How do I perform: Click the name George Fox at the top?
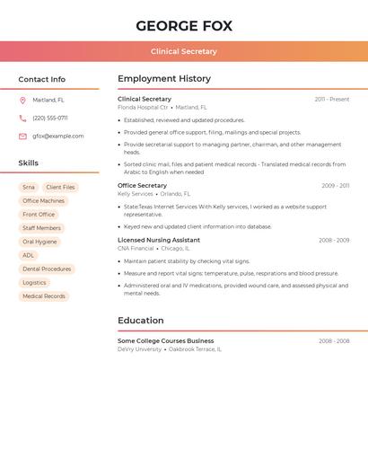184,25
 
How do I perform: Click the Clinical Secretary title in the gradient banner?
184,52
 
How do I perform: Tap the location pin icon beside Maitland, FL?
22,101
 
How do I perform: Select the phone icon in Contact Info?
22,119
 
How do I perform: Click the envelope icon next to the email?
22,137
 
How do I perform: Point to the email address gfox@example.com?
58,137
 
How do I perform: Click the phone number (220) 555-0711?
50,119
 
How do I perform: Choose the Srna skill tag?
29,188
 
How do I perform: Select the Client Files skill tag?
60,188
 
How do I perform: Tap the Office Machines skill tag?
43,201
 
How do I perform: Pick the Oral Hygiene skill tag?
39,242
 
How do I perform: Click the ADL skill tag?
29,255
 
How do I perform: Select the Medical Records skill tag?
44,296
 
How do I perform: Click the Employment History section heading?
164,79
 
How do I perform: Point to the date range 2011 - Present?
331,100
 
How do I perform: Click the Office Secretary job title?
142,186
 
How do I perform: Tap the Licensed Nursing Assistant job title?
159,241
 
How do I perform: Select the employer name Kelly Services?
136,194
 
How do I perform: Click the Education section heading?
141,321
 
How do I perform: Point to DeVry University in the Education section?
140,349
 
